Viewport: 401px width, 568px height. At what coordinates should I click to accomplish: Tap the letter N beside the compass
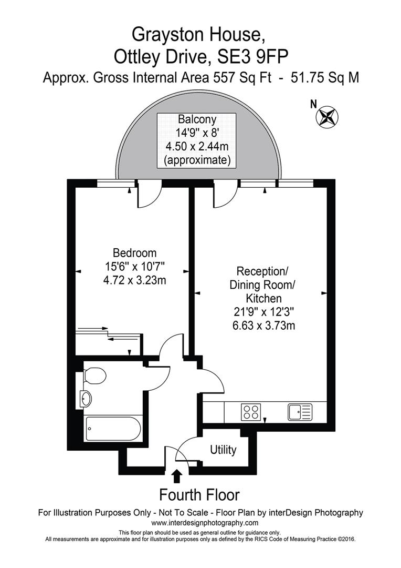point(313,104)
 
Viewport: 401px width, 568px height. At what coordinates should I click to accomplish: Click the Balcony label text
point(197,119)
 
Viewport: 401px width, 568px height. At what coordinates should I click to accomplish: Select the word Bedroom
point(135,252)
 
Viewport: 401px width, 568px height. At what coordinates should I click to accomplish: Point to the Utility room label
point(223,450)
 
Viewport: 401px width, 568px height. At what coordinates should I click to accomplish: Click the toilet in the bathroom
point(94,376)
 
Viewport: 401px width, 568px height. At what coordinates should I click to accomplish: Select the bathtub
point(112,428)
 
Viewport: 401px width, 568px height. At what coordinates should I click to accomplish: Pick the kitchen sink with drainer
point(300,411)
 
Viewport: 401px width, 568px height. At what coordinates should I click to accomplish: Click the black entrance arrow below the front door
point(177,475)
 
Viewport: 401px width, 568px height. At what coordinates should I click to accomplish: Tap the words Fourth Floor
point(199,495)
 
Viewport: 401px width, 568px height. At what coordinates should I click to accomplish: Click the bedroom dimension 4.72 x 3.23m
point(135,280)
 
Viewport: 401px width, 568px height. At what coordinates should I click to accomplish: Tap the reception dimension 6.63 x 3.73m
point(263,326)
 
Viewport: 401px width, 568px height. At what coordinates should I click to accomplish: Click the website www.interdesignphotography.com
point(205,523)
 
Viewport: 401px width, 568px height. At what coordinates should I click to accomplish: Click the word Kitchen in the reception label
point(263,298)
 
